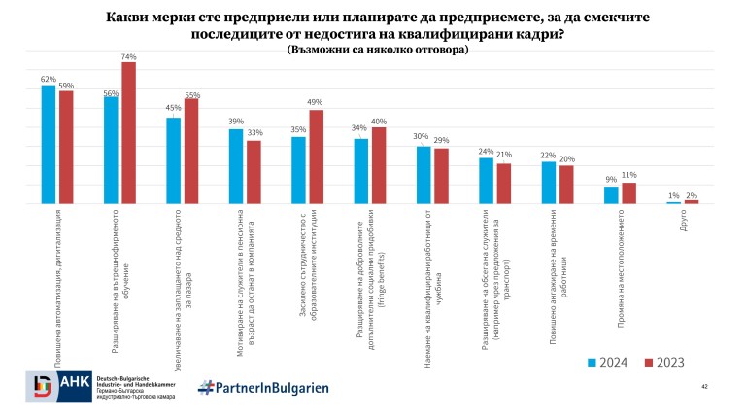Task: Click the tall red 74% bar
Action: (128, 133)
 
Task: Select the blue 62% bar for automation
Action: (49, 145)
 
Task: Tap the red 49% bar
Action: (316, 157)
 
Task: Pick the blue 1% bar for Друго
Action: (674, 203)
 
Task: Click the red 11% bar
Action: (628, 193)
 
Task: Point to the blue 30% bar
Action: (424, 175)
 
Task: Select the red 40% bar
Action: (379, 165)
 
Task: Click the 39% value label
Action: (236, 122)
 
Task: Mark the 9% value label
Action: (611, 179)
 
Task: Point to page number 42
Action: (702, 387)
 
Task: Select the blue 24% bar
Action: (486, 181)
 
